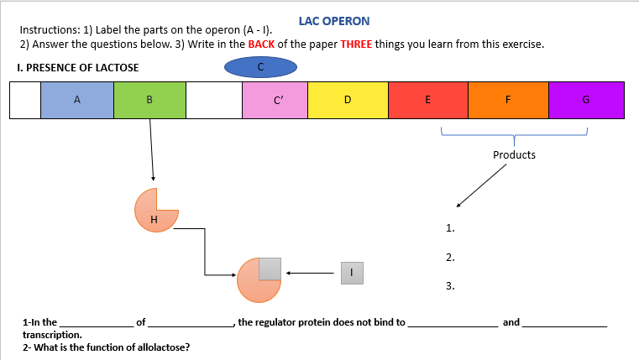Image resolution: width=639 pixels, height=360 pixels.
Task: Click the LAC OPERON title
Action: click(x=333, y=20)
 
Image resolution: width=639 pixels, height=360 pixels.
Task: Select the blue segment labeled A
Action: click(x=76, y=101)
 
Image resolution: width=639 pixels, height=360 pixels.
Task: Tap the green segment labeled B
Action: click(x=149, y=101)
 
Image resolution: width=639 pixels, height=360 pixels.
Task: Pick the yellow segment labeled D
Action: click(x=348, y=101)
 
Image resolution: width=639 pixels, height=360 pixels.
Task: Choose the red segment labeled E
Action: click(x=427, y=101)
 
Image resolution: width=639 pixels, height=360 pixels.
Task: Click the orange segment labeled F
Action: click(x=507, y=101)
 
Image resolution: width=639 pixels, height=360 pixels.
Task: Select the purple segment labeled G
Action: click(x=585, y=101)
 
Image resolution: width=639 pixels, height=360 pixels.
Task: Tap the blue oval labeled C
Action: click(x=260, y=66)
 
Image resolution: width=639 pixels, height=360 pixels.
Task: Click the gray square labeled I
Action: click(x=352, y=272)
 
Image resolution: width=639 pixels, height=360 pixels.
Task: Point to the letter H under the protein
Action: click(x=153, y=220)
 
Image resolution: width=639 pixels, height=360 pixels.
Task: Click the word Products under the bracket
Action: click(x=514, y=155)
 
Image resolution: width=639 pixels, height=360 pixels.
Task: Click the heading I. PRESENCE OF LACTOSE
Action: click(x=78, y=68)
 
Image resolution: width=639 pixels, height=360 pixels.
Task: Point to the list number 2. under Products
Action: click(x=450, y=257)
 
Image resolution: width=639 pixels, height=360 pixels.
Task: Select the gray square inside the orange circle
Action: click(x=270, y=269)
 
